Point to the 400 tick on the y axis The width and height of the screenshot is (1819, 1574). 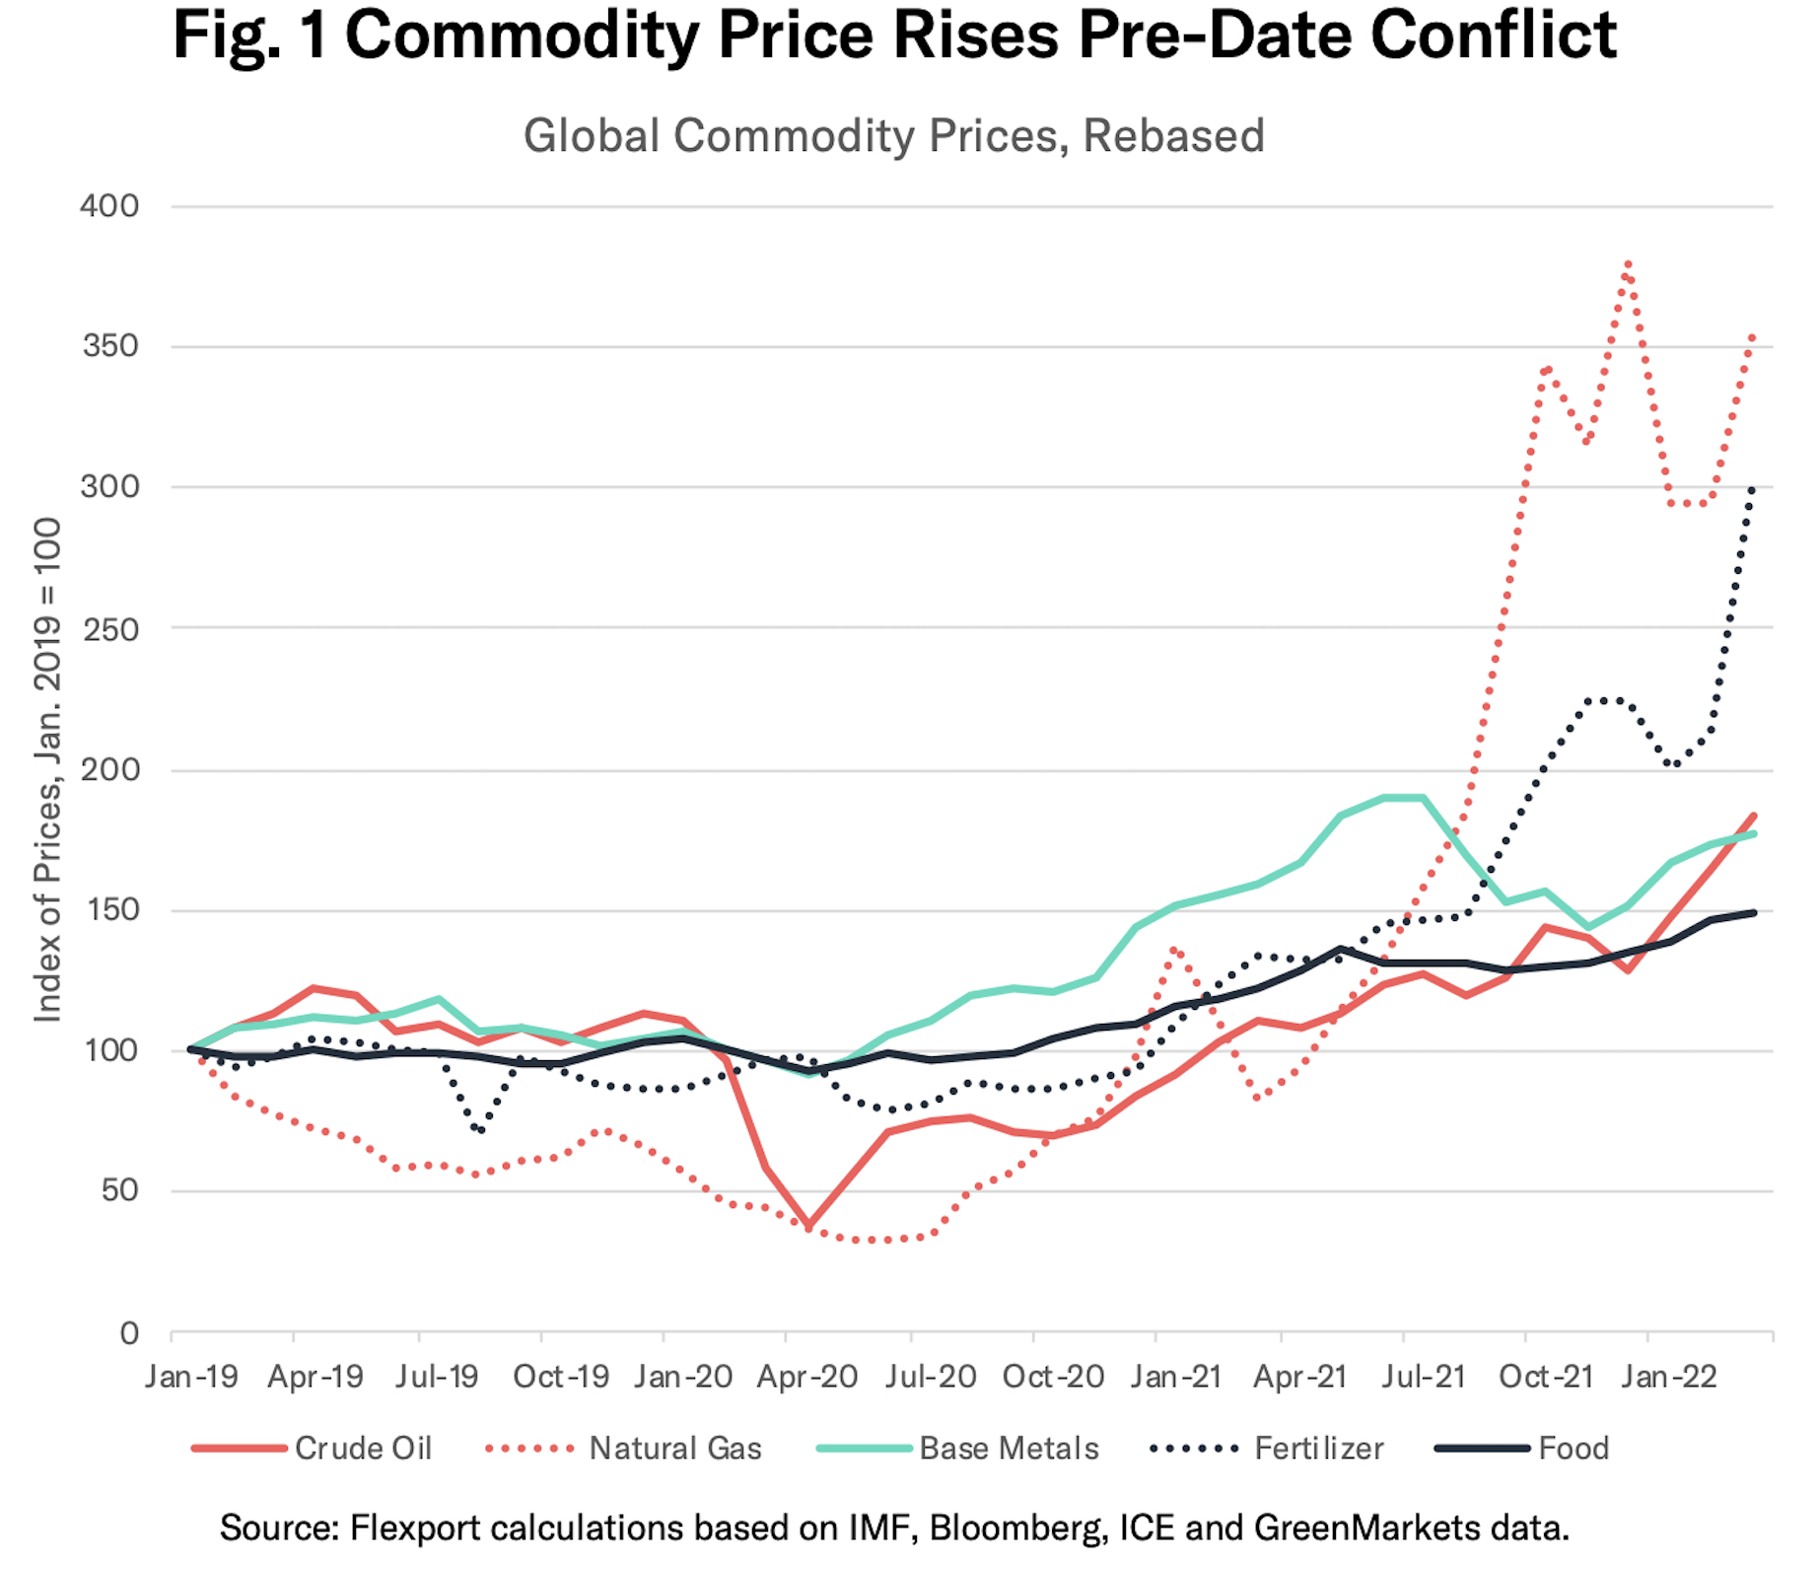pos(109,206)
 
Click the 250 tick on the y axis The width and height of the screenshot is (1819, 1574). pos(109,629)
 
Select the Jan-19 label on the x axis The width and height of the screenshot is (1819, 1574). pos(191,1376)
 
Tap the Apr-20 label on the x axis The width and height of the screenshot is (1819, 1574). pos(807,1376)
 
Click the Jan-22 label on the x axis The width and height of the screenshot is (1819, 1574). pos(1669,1376)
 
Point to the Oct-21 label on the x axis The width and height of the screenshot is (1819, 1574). pos(1546,1376)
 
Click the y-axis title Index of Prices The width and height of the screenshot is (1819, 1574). pos(47,769)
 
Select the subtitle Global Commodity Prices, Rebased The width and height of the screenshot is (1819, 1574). pos(893,136)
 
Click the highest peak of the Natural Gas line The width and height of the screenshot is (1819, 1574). pos(1628,263)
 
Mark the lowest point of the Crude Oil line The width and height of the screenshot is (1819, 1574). pos(809,1227)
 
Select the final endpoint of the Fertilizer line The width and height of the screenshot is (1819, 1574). pos(1752,488)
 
